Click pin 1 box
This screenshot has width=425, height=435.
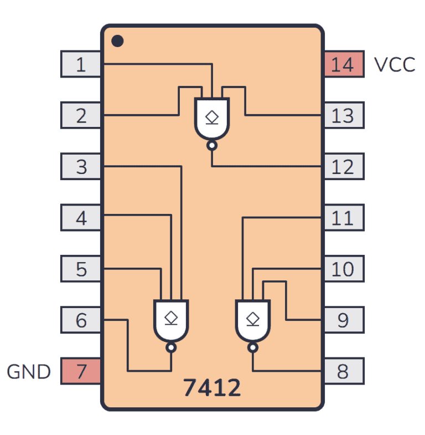(x=81, y=64)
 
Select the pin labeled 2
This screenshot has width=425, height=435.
(x=81, y=115)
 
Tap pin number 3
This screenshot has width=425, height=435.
(x=81, y=166)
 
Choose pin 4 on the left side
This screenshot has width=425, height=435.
(x=81, y=218)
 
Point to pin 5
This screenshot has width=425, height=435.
(x=81, y=269)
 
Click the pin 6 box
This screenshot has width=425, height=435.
(x=81, y=320)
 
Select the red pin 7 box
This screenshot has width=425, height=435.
(x=81, y=371)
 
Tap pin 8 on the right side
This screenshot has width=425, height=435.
(x=343, y=371)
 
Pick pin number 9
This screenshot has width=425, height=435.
(x=343, y=320)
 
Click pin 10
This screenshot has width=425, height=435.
(x=343, y=269)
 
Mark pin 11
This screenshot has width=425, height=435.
(x=343, y=218)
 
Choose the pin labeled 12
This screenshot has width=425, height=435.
(x=343, y=166)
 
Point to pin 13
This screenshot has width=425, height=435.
(x=343, y=115)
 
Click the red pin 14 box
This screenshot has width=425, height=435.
(x=343, y=64)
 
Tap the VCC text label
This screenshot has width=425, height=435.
(x=394, y=65)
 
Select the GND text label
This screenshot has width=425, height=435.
(x=29, y=372)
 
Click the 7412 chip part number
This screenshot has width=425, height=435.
(x=212, y=388)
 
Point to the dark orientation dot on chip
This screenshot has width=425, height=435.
(x=117, y=41)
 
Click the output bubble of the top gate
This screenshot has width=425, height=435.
(x=212, y=146)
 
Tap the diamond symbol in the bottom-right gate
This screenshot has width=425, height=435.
(x=252, y=318)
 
